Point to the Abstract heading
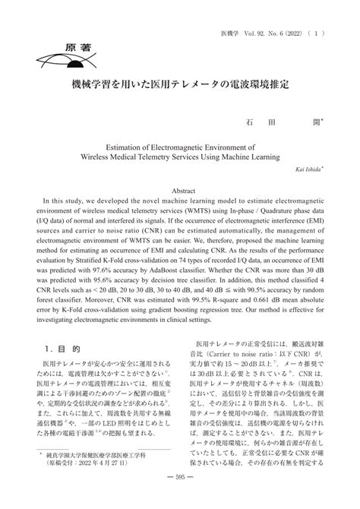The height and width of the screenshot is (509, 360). coord(180,191)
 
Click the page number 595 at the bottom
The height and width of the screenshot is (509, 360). coord(180,497)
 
